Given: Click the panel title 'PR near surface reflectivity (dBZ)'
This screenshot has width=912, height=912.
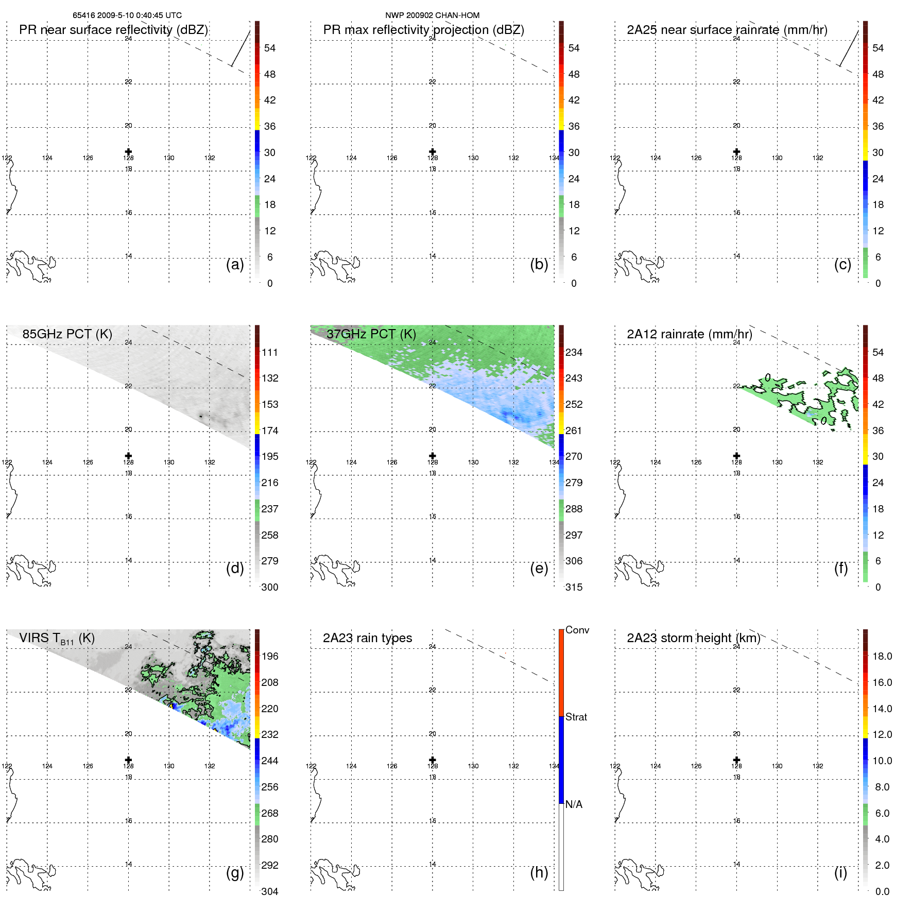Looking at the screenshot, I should (113, 30).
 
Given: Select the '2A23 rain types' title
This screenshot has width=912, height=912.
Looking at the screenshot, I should (367, 638).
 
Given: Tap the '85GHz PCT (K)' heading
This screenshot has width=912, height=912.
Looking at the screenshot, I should (67, 334).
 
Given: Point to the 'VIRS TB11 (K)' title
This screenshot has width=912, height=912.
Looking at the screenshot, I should (57, 639).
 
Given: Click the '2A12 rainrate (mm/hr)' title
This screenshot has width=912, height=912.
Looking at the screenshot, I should (689, 334).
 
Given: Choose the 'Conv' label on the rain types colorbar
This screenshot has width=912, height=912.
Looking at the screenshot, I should (577, 630).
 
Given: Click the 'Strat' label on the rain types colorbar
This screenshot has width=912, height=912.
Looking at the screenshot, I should (576, 717).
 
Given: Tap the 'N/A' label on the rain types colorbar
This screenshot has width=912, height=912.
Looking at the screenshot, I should (574, 804).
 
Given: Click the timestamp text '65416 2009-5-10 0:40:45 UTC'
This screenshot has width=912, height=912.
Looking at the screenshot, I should (127, 15).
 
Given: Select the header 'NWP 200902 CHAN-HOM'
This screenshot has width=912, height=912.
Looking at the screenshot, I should (432, 15).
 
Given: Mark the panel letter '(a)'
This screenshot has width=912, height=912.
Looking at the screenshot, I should (235, 264).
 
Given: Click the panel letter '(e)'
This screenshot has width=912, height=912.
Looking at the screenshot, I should (539, 568).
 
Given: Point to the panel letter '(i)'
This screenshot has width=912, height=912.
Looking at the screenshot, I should (840, 872).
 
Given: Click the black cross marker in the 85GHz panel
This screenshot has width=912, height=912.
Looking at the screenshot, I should (128, 456).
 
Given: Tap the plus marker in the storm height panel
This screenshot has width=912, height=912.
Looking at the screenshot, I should (736, 760).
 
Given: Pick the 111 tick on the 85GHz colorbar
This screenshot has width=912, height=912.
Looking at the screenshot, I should (269, 353).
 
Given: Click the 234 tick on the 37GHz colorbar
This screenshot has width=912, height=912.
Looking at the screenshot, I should (574, 353).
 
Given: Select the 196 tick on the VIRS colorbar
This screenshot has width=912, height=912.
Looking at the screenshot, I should (269, 657).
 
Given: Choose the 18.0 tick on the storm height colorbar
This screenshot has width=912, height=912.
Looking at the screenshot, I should (882, 657).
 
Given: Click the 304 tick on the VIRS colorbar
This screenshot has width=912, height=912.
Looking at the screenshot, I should (269, 891).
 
